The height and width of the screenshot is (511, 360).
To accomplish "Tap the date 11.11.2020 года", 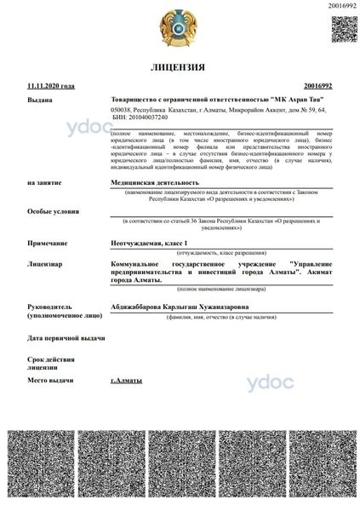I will (50, 87).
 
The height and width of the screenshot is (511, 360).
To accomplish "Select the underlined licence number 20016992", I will (317, 87).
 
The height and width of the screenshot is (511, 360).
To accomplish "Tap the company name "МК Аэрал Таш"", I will (217, 100).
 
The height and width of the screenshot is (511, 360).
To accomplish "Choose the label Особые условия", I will (50, 210).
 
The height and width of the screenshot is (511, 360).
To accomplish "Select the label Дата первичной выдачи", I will (66, 337).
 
